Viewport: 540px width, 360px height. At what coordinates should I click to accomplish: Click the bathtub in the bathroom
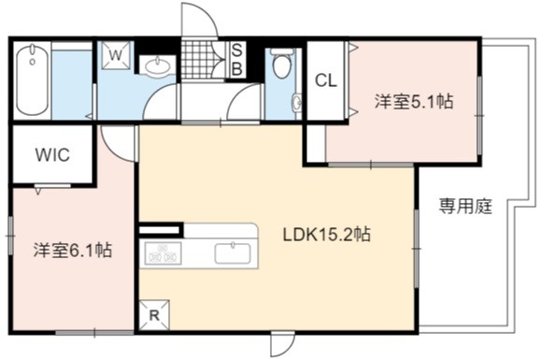pyautogui.click(x=32, y=79)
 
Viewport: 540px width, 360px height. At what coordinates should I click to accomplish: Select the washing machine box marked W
pyautogui.click(x=117, y=55)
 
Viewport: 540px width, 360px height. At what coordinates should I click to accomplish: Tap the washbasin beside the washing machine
pyautogui.click(x=157, y=65)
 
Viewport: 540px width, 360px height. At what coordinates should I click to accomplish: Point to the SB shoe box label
pyautogui.click(x=236, y=59)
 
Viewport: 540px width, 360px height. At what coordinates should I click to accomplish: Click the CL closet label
pyautogui.click(x=326, y=80)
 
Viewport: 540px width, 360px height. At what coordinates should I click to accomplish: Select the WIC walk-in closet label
pyautogui.click(x=52, y=155)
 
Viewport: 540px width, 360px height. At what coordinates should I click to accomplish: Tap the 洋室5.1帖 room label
pyautogui.click(x=414, y=101)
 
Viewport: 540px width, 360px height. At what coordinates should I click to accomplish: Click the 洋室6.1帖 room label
pyautogui.click(x=73, y=250)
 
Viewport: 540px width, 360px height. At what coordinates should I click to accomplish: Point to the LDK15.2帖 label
pyautogui.click(x=326, y=235)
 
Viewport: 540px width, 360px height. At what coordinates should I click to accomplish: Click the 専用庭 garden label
pyautogui.click(x=465, y=207)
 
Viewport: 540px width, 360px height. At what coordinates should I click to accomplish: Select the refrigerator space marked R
pyautogui.click(x=154, y=315)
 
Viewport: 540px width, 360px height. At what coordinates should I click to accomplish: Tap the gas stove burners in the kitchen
pyautogui.click(x=163, y=253)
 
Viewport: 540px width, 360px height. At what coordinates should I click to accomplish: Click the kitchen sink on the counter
pyautogui.click(x=233, y=253)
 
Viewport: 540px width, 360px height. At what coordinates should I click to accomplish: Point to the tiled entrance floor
pyautogui.click(x=196, y=60)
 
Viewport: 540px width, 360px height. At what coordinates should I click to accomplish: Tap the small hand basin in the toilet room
pyautogui.click(x=296, y=102)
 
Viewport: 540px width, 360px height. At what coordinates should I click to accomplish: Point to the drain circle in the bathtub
pyautogui.click(x=33, y=62)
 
